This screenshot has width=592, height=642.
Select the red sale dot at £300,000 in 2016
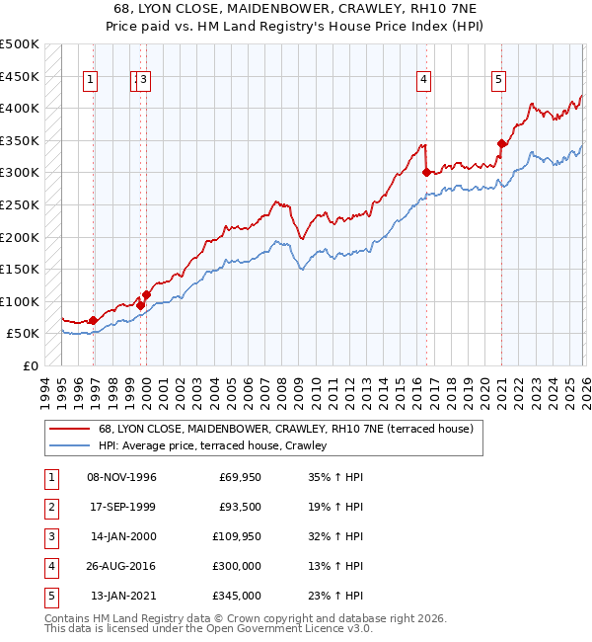(x=426, y=172)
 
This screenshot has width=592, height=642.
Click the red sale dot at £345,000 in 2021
(x=501, y=143)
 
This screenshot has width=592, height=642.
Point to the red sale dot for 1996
(x=93, y=320)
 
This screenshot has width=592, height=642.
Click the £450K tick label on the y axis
(x=20, y=76)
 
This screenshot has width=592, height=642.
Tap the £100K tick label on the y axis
(x=20, y=301)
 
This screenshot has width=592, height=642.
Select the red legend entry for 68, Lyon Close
(x=286, y=429)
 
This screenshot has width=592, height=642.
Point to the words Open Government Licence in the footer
(x=272, y=627)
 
